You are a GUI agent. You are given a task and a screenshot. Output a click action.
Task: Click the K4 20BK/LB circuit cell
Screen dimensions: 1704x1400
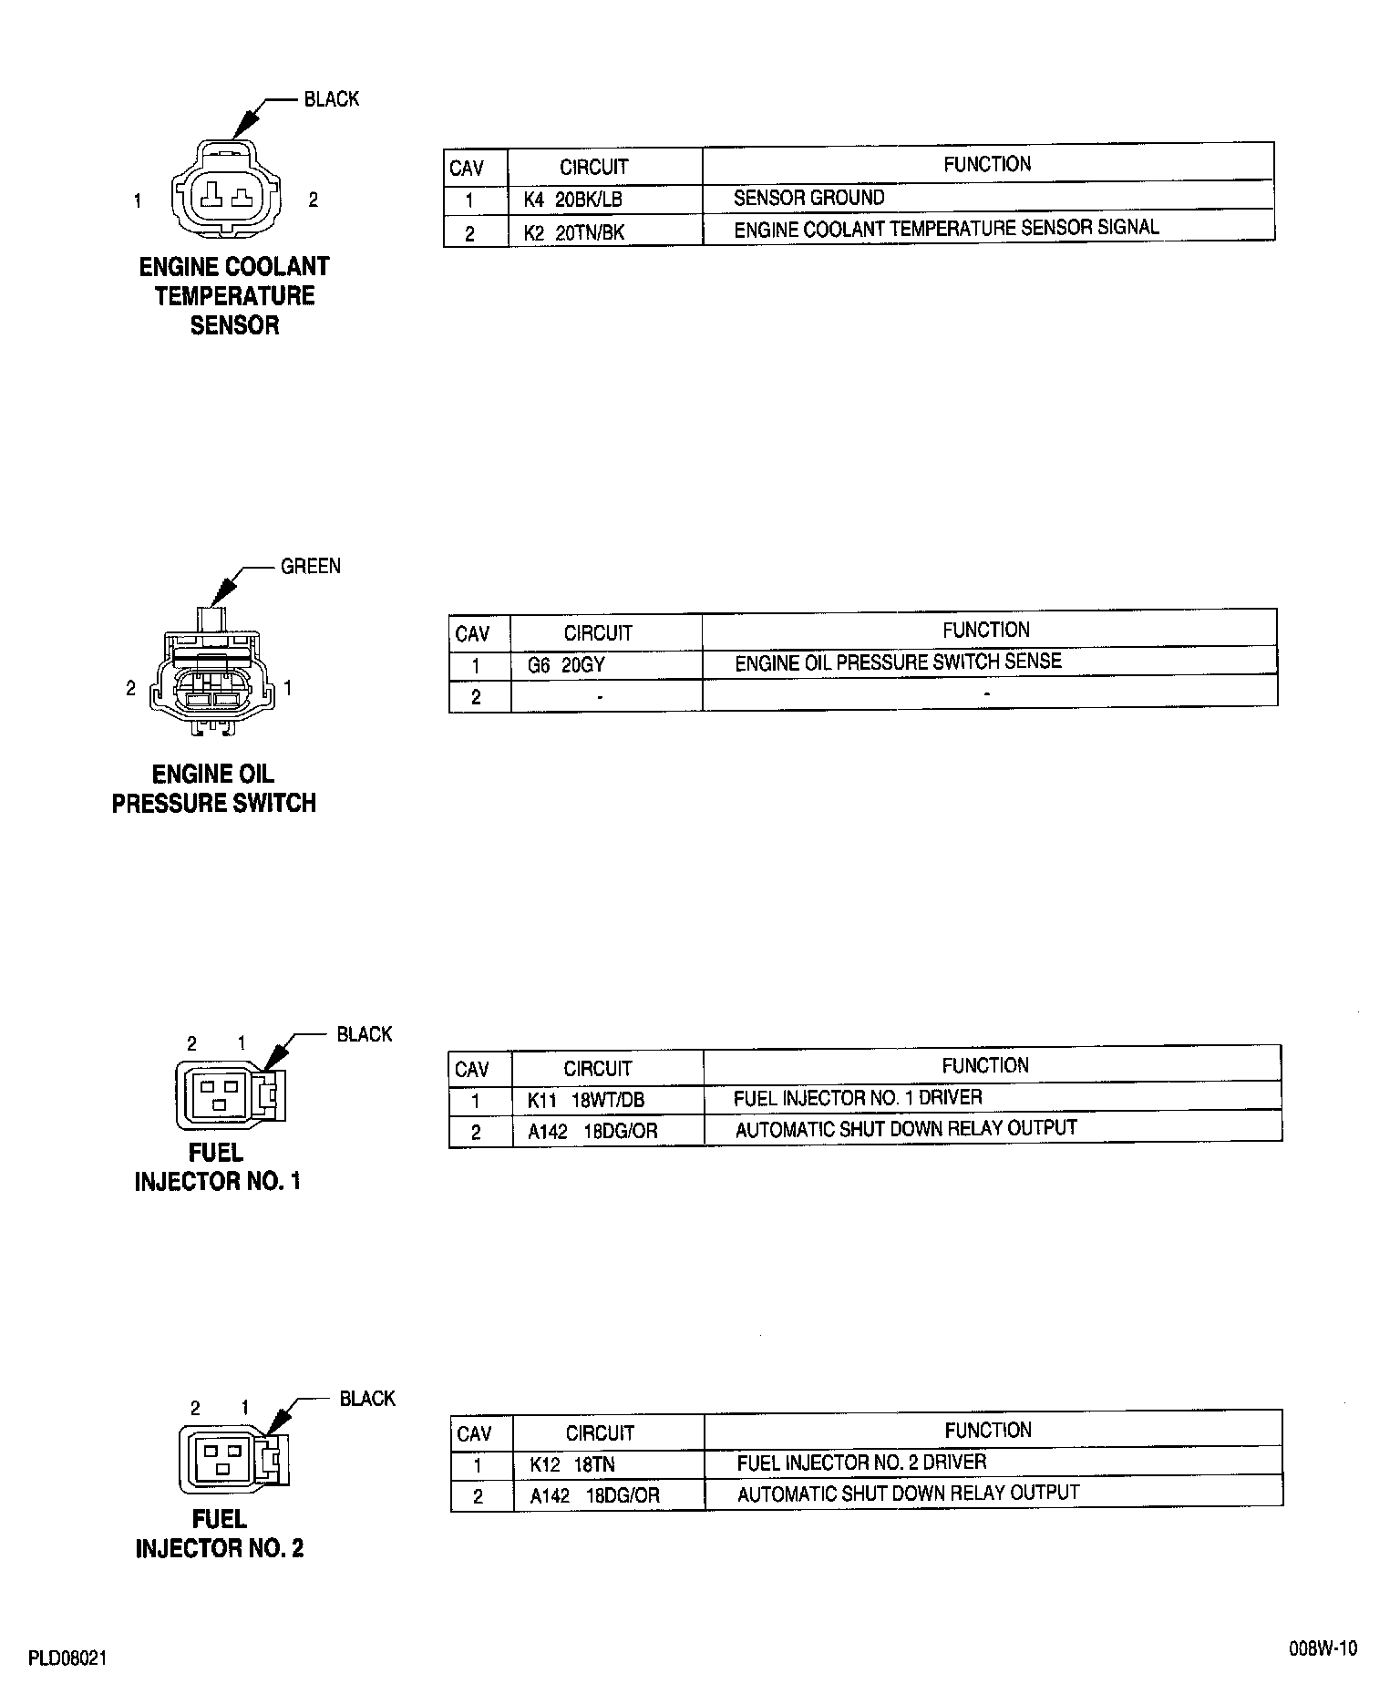[573, 200]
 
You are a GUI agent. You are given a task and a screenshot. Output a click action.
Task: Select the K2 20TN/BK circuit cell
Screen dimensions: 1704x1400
[574, 232]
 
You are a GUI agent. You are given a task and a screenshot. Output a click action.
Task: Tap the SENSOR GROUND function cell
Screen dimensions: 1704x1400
[808, 198]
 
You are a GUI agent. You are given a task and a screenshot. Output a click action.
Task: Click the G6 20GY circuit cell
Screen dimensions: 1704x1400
[566, 665]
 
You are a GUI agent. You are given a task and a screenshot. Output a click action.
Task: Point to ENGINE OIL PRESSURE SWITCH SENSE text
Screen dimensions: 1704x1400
[898, 662]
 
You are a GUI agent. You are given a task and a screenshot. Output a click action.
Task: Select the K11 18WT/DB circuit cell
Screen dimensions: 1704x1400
[586, 1100]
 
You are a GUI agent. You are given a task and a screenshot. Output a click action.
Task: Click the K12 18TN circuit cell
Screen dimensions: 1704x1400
[572, 1464]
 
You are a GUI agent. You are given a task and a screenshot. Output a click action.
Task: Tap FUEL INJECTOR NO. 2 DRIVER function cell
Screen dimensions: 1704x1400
[861, 1463]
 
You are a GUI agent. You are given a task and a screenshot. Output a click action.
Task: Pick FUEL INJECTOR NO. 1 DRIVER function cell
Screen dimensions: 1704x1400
[858, 1098]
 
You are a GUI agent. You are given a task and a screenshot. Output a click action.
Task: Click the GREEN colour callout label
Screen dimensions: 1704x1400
[311, 566]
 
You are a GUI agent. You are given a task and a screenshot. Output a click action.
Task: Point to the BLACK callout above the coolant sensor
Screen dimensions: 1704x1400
[332, 98]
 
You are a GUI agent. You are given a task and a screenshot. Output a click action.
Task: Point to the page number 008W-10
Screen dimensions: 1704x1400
[1323, 1674]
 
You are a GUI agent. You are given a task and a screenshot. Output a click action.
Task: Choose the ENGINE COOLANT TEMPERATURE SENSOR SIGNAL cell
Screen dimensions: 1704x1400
[946, 229]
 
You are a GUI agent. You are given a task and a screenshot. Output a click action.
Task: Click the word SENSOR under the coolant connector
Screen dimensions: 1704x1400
[234, 325]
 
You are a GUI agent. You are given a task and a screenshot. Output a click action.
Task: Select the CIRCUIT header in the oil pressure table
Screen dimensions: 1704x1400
[597, 632]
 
